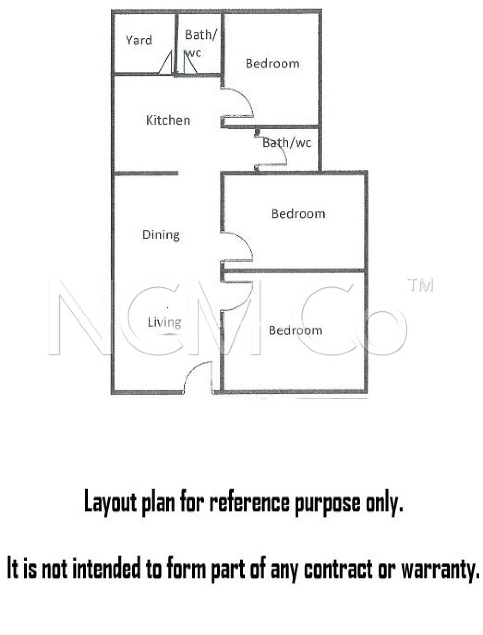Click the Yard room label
pos(139,40)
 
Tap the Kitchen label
pos(168,120)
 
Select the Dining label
pos(161,235)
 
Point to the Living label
pos(164,322)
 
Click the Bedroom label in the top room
pos(272,64)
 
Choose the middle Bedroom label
pos(298,214)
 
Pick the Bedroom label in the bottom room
pos(295,331)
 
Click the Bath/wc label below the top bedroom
pos(287,143)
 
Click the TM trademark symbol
pos(420,285)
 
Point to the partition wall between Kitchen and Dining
pos(146,173)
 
